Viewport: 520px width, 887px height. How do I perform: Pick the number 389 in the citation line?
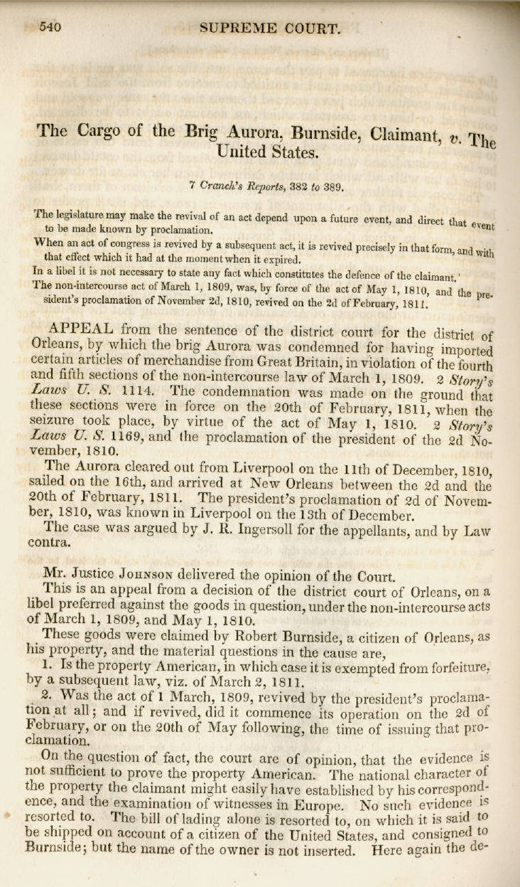point(330,187)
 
